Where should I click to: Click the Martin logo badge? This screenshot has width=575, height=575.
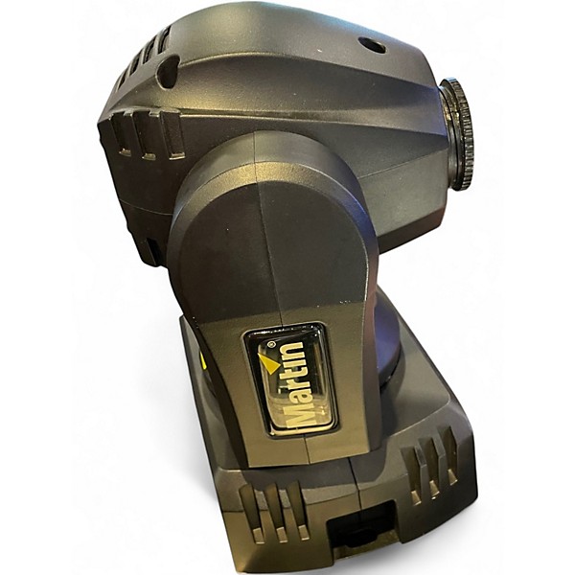pos(290,379)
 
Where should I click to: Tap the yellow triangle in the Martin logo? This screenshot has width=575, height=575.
pos(270,362)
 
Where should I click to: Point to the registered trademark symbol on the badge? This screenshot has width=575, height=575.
pos(271,344)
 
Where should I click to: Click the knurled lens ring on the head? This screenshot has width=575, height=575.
pos(457,133)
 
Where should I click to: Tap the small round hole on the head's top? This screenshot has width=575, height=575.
pos(372,45)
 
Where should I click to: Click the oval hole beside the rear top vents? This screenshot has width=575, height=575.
pos(167,72)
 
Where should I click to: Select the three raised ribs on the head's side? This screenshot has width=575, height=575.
pos(147,135)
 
